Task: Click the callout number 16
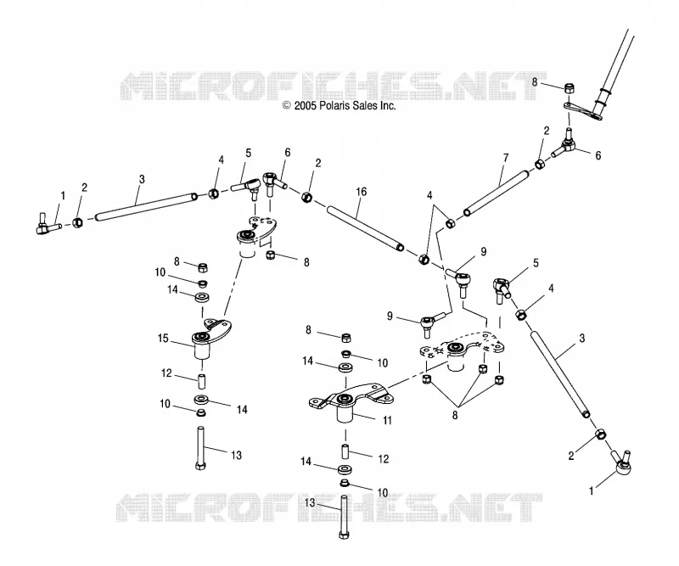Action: point(361,192)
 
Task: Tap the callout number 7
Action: point(506,158)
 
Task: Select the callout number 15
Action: point(163,339)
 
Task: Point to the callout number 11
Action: point(387,420)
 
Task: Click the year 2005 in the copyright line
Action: point(306,105)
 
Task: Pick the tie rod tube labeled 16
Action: point(366,228)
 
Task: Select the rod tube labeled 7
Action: point(497,193)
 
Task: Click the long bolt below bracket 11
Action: point(344,517)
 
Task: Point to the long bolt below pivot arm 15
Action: point(200,449)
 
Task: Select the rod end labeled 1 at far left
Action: point(47,225)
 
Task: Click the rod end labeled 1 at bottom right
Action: point(620,463)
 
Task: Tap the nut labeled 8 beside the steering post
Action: point(570,89)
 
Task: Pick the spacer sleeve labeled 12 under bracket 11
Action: point(345,451)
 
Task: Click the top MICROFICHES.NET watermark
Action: point(334,87)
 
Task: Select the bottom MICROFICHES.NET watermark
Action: point(329,507)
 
